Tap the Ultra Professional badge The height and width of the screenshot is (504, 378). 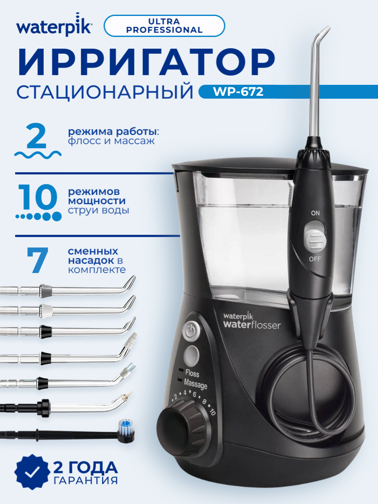coord(164,25)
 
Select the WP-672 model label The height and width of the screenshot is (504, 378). coord(240,92)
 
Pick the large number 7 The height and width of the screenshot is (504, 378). coord(37,260)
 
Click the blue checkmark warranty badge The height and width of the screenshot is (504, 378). coord(31,479)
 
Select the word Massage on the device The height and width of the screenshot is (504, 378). coord(195,385)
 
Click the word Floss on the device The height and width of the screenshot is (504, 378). coord(192,374)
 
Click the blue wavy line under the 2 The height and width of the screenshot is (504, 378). coord(38,155)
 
